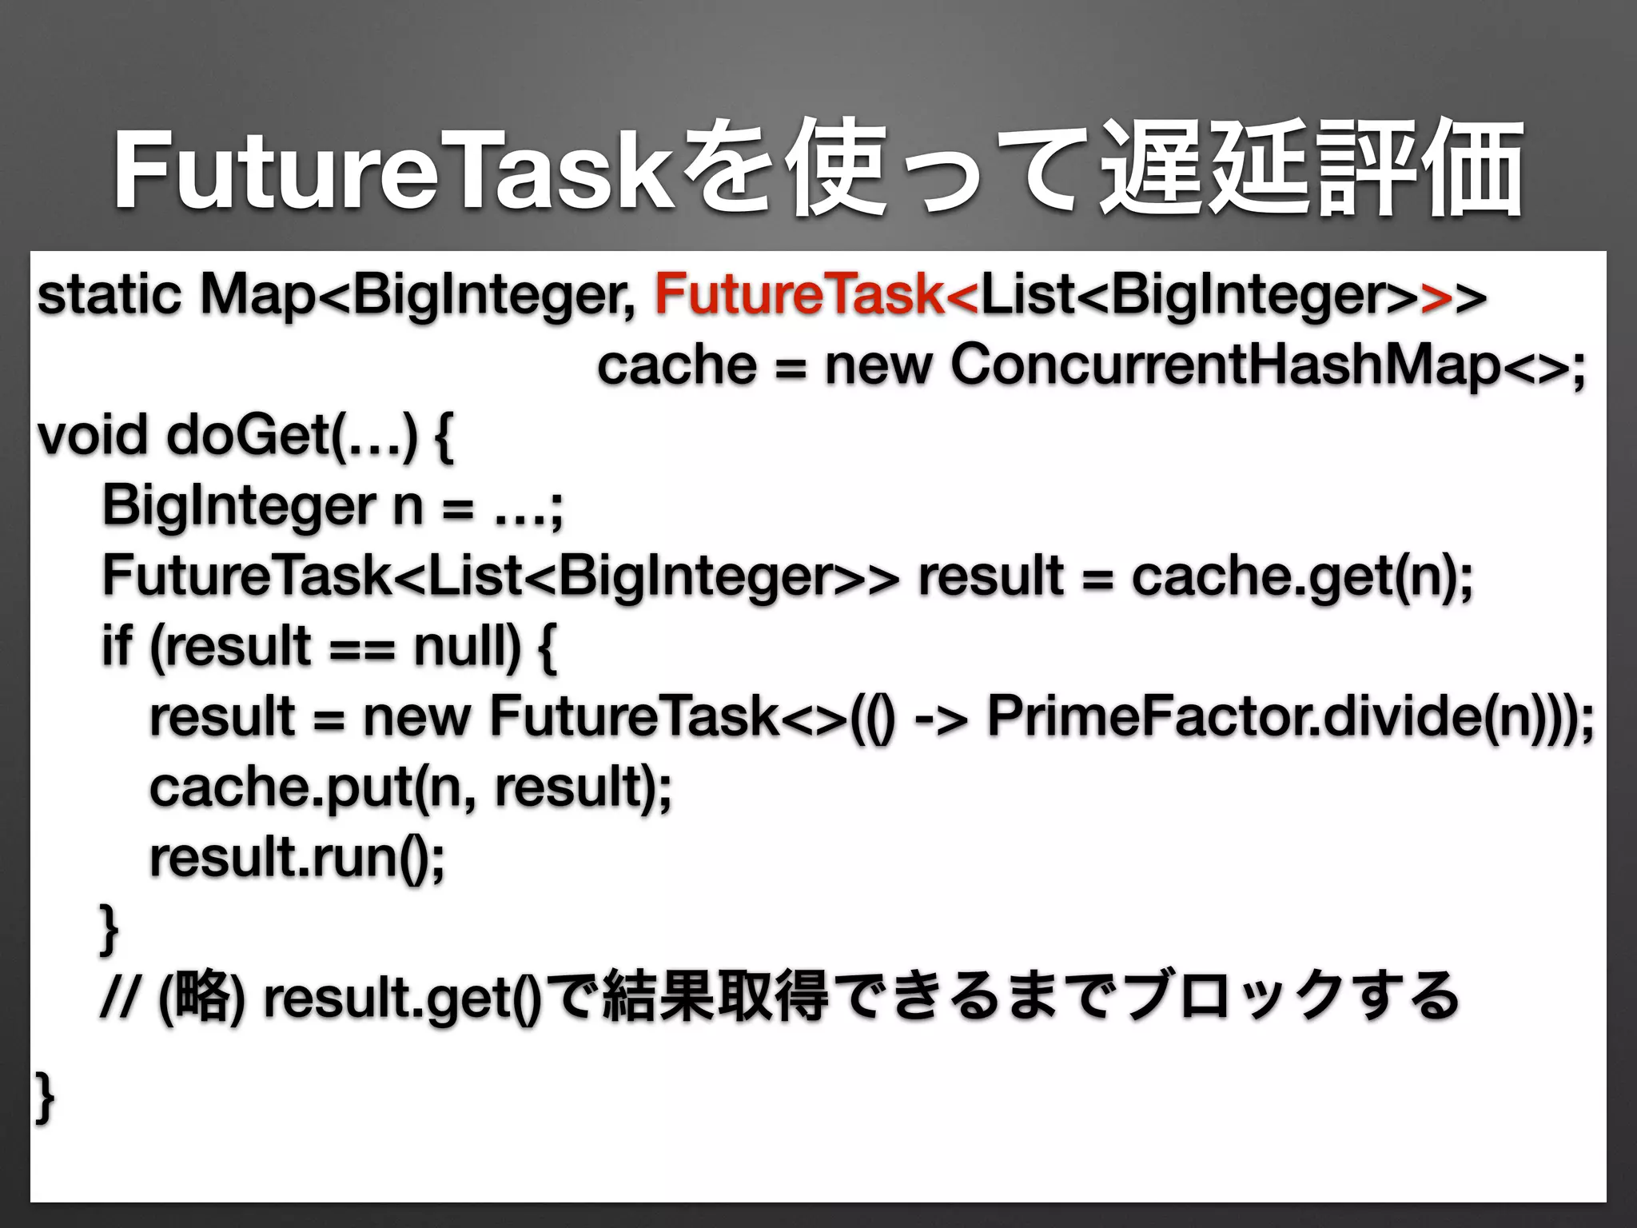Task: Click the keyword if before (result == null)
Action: coord(116,646)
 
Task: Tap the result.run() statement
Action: coord(297,856)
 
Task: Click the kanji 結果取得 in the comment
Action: coord(715,996)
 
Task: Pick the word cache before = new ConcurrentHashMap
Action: coord(676,365)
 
